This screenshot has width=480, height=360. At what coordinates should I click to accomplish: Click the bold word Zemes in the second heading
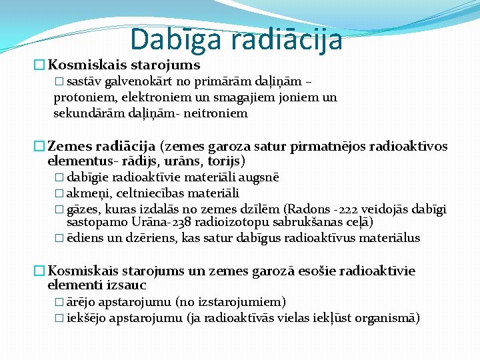tap(69, 146)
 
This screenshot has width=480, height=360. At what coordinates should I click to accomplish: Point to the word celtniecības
tap(149, 193)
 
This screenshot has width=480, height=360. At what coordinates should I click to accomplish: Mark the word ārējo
tap(81, 302)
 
